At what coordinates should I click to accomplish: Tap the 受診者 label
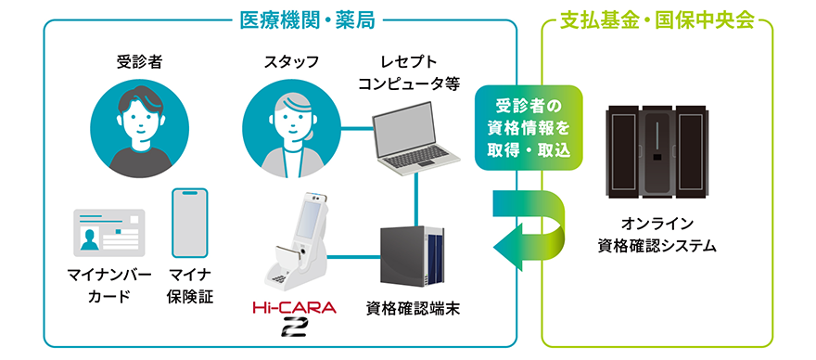pyautogui.click(x=136, y=62)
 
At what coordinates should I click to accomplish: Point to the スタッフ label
pyautogui.click(x=291, y=62)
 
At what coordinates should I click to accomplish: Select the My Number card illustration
pyautogui.click(x=109, y=232)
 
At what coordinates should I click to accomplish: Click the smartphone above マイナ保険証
pyautogui.click(x=189, y=223)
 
